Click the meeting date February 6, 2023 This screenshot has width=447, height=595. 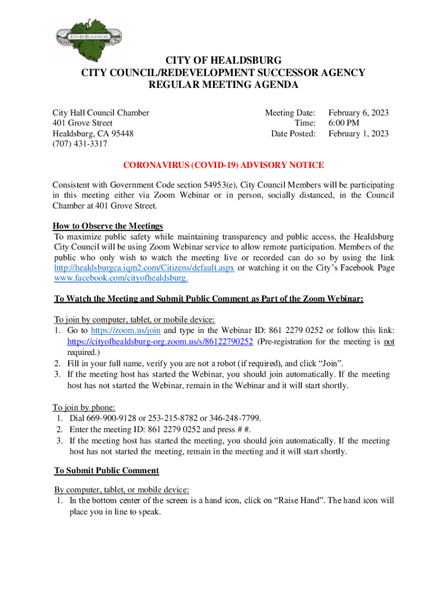tap(358, 113)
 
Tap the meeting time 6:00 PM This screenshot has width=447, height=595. tap(344, 123)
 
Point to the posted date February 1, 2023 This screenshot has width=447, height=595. tap(358, 134)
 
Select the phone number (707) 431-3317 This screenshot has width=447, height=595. tap(80, 144)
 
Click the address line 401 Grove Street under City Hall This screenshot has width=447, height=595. tap(82, 123)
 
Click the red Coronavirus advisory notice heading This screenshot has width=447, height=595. tap(223, 166)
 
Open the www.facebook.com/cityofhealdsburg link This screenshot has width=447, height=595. tap(121, 278)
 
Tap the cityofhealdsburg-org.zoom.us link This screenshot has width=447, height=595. tap(160, 341)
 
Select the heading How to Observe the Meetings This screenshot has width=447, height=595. tap(108, 226)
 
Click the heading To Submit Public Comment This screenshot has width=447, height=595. tap(106, 470)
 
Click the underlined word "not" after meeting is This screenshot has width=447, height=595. tap(389, 341)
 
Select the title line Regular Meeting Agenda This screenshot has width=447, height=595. tap(223, 85)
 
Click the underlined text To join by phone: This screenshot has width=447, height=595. tap(84, 407)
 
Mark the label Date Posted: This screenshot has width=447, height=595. tap(293, 134)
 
